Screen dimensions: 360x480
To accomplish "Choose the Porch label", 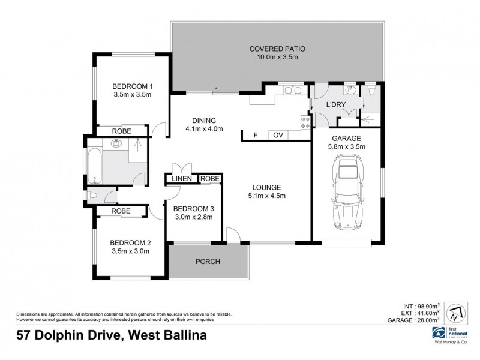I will click(208, 262).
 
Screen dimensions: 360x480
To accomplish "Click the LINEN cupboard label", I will click(182, 179).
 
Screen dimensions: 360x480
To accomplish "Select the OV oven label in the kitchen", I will click(278, 135).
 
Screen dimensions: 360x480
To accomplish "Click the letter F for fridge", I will click(256, 135).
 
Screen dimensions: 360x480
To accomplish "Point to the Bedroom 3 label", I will click(190, 209).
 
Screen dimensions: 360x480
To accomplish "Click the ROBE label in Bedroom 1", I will click(122, 130).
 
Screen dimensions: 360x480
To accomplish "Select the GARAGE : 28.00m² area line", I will click(413, 320).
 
